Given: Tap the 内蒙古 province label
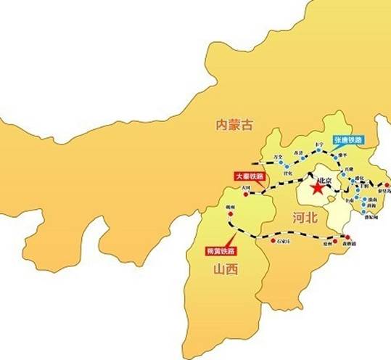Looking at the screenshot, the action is (x=236, y=124).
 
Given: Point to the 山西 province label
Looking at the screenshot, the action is (x=226, y=269).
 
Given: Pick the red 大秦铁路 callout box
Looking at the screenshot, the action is (x=250, y=176).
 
